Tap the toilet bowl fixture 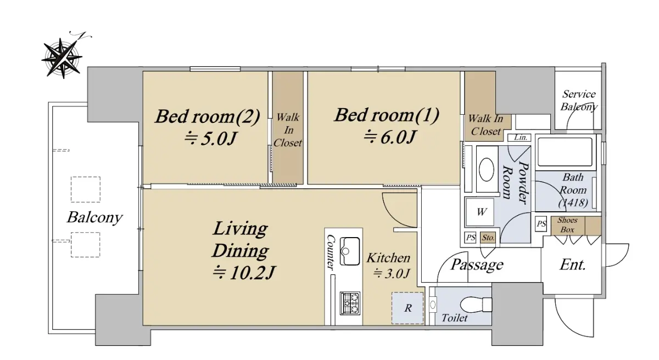point(476,304)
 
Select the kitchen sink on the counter point(350,251)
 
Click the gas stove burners point(350,303)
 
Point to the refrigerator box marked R point(407,308)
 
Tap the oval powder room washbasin point(487,170)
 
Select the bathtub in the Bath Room point(565,152)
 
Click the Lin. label point(520,138)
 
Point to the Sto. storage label point(488,238)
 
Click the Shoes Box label point(567,225)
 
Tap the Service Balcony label point(579,100)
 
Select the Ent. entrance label point(572,265)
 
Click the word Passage point(477,265)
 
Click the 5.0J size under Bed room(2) point(210,138)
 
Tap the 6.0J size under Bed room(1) point(390,137)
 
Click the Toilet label point(454,318)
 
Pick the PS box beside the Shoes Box point(541,224)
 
